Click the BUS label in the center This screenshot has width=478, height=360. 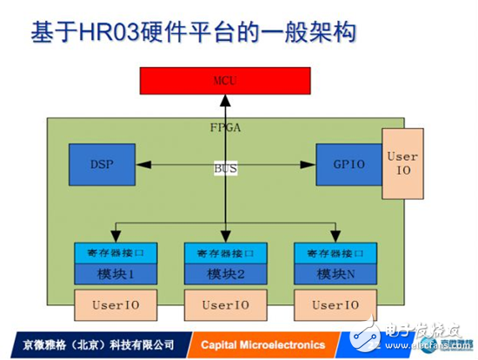tap(225, 167)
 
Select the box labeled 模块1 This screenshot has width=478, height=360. tap(116, 275)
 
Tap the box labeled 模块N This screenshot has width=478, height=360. tap(334, 275)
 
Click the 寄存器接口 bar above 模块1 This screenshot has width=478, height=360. tap(116, 254)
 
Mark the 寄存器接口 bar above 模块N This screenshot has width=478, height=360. tap(334, 254)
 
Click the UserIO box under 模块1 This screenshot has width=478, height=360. tap(116, 305)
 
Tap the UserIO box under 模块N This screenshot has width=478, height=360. tap(334, 305)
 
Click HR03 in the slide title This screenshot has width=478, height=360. tap(108, 34)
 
